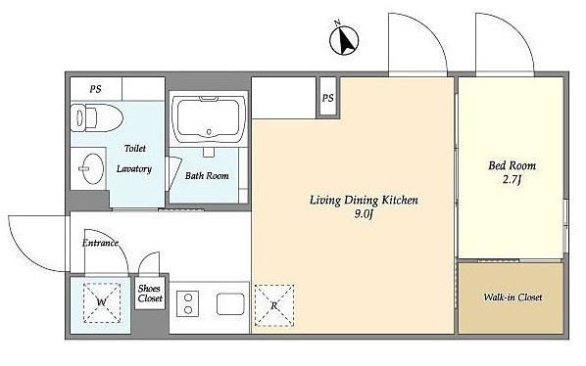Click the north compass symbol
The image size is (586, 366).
[344, 39]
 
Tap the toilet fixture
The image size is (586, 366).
[97, 117]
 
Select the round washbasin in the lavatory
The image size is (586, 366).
[92, 168]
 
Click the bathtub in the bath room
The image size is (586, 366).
[209, 119]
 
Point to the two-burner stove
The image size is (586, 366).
[188, 303]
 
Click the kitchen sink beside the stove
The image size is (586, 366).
[230, 303]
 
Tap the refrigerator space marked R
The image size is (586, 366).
[274, 305]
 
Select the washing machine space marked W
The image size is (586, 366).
[102, 302]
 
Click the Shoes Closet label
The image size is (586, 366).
[150, 294]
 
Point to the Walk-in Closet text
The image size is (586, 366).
[513, 297]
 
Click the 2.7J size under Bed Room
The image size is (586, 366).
[512, 180]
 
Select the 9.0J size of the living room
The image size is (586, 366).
[364, 214]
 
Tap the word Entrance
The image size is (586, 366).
[100, 243]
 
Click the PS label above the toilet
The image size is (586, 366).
[95, 89]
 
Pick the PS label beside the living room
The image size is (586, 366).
[327, 98]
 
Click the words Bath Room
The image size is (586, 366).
[207, 175]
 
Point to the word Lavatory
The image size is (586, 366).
[134, 169]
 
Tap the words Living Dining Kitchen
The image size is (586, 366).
[364, 201]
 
